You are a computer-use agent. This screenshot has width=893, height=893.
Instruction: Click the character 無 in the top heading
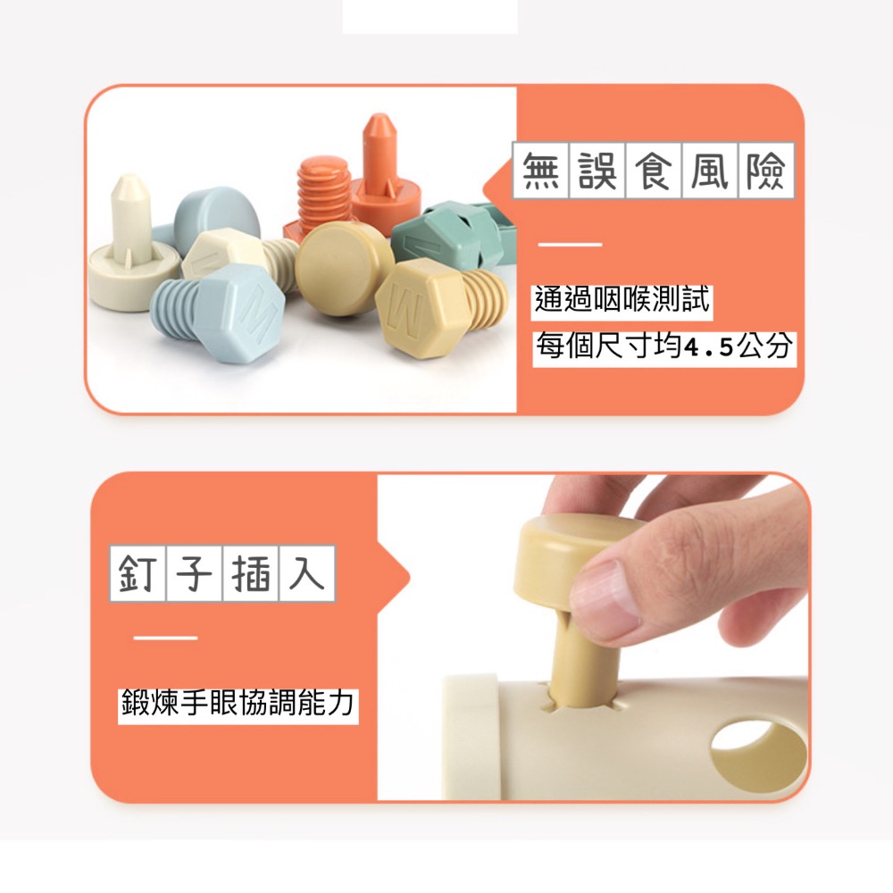[542, 171]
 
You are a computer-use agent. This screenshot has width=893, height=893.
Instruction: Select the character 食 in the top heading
[654, 171]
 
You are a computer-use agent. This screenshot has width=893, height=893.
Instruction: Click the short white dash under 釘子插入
[165, 638]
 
